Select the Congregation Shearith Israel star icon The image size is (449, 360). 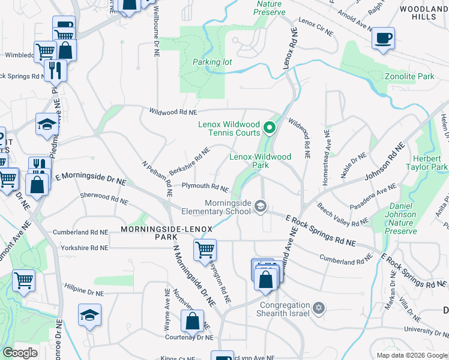pos(319,308)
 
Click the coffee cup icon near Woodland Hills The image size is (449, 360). pos(382,39)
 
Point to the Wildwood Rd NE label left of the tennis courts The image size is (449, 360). pos(173,112)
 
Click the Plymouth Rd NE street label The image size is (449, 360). pos(205,187)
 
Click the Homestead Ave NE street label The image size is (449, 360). pos(327,150)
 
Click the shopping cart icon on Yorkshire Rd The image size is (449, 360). pos(205,249)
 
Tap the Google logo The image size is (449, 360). pos(20,353)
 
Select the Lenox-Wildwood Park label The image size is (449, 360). pos(261,161)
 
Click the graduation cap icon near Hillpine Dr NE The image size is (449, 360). pos(89,314)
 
